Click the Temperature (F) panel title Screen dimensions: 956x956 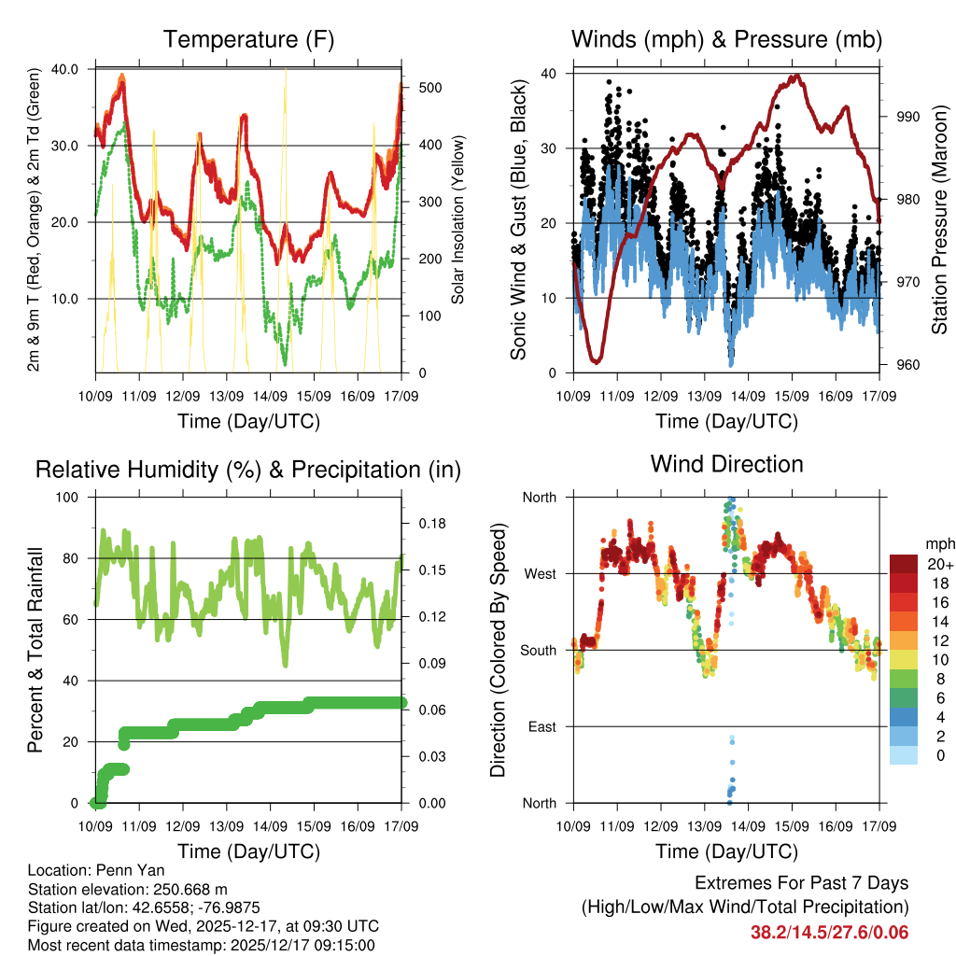point(248,40)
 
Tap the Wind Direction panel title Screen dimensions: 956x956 point(726,464)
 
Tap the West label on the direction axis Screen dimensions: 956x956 point(540,573)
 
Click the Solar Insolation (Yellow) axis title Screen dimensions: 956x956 point(458,220)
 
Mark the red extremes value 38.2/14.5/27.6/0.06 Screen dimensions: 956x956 point(829,932)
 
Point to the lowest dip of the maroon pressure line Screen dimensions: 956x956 point(596,360)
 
